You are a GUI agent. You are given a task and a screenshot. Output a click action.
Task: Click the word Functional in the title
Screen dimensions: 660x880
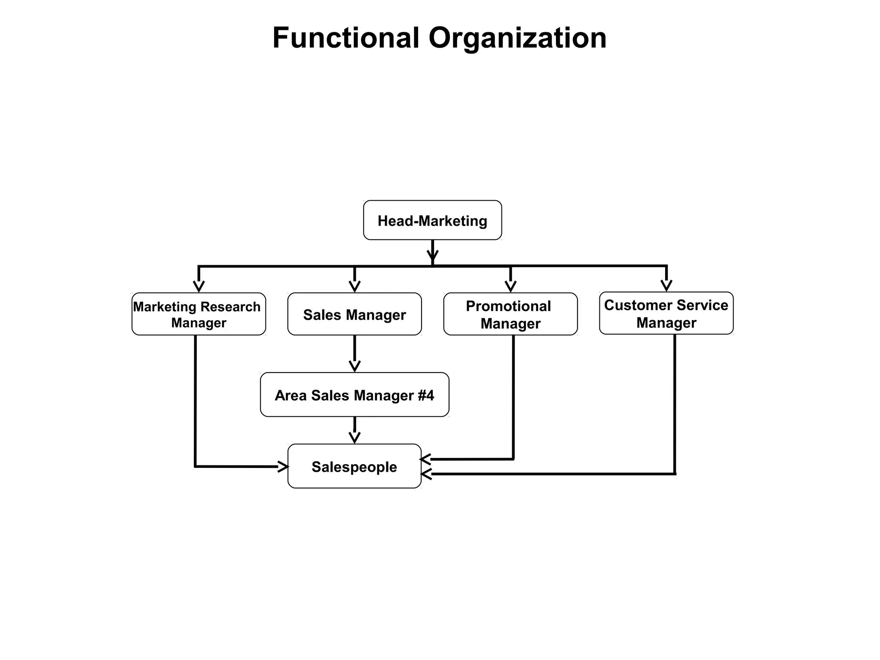tap(345, 38)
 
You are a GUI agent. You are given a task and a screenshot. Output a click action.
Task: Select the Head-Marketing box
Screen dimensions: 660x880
tap(432, 220)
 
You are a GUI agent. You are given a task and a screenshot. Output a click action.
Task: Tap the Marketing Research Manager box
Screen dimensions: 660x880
tap(199, 314)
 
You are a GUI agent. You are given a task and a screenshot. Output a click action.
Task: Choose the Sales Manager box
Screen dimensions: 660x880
tap(354, 315)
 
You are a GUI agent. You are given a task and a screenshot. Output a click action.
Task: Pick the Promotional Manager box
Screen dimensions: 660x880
tap(510, 315)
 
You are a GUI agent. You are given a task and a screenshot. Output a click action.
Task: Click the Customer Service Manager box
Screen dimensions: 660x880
tap(666, 313)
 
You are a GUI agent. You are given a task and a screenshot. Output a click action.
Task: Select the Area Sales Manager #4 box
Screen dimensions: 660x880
tap(354, 395)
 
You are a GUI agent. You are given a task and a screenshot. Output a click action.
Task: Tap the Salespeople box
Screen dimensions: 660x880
tap(354, 466)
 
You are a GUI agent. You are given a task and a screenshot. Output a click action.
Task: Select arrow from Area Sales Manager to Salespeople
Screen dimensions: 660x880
tap(354, 430)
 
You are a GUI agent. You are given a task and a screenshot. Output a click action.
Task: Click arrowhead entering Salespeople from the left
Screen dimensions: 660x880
tap(283, 466)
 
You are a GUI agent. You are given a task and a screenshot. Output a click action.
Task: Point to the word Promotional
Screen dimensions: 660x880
tap(508, 306)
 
